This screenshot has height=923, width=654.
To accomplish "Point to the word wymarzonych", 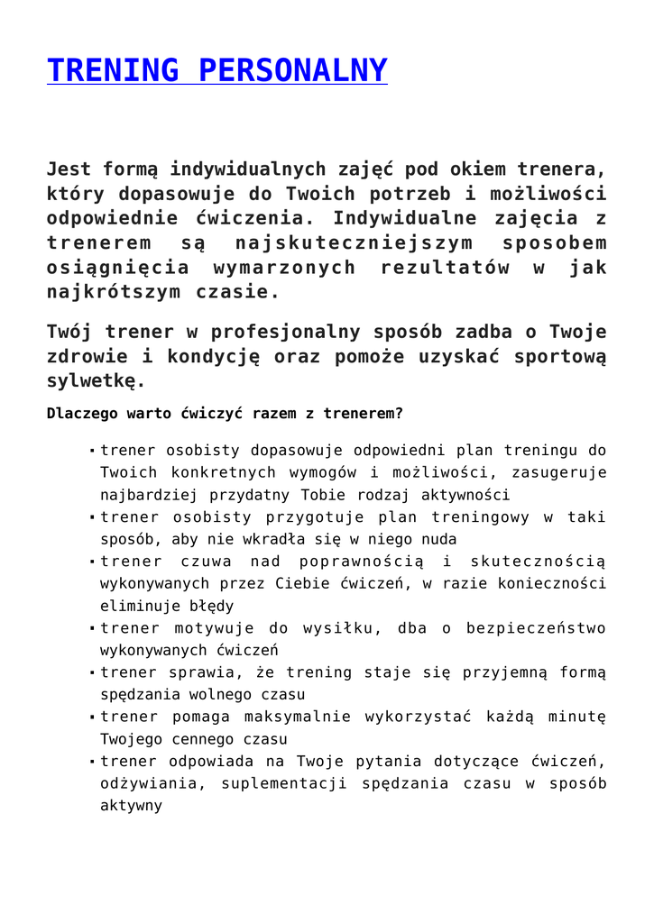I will [x=285, y=268].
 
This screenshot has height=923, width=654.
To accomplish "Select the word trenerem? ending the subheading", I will [x=366, y=415].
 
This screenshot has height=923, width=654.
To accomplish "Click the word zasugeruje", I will [x=563, y=472].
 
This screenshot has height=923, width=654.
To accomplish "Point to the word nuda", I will [x=440, y=539].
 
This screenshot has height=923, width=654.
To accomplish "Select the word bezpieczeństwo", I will [x=536, y=628].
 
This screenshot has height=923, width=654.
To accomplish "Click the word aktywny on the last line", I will [x=131, y=806].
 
